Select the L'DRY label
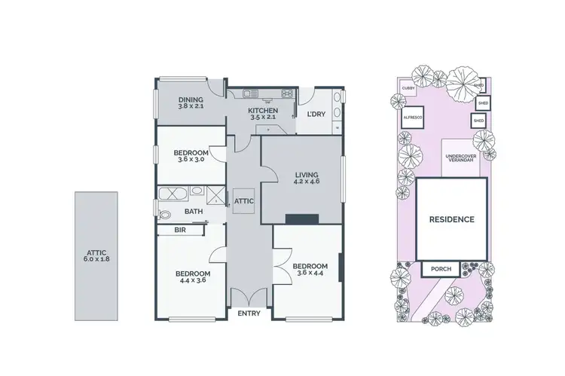pos(316,115)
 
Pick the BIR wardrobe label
pos(180,230)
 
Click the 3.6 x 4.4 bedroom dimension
pos(310,274)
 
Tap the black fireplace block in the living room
pos(301,219)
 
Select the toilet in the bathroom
pos(165,214)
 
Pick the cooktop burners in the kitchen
pos(287,93)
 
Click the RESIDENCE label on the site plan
pos(451,220)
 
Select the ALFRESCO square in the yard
pos(412,118)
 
